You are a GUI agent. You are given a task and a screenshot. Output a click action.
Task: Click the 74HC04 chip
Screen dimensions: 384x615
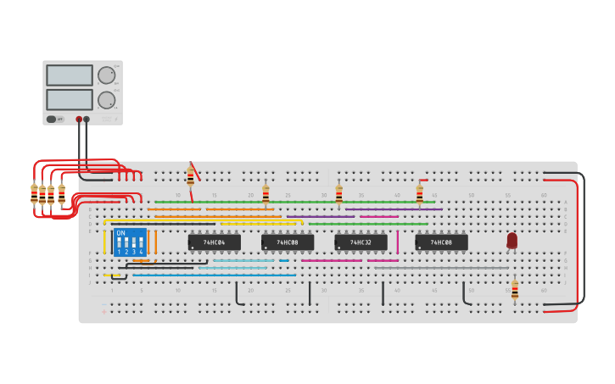click(x=214, y=242)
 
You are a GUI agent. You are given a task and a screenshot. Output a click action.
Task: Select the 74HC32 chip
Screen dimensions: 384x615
click(x=361, y=242)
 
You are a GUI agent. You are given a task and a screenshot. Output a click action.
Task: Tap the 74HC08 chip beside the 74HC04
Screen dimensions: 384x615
click(x=288, y=242)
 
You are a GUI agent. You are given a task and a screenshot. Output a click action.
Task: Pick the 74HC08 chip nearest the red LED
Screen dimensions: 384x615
click(x=441, y=242)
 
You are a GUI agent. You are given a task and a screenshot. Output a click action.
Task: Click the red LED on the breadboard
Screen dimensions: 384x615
click(x=512, y=241)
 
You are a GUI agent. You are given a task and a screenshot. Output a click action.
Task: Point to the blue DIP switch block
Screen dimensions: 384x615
click(x=130, y=242)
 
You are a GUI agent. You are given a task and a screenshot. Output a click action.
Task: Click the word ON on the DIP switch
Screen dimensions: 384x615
click(x=120, y=233)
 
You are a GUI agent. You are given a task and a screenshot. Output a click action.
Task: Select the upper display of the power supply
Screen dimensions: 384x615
click(x=70, y=75)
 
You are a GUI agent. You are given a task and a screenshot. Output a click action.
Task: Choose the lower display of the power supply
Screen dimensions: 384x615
click(x=70, y=100)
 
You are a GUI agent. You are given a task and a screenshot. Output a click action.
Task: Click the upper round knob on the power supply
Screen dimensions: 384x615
click(x=106, y=75)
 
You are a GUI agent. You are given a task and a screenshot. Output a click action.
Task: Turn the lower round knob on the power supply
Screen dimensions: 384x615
click(x=106, y=100)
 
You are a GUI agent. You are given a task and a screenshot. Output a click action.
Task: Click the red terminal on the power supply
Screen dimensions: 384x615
click(x=79, y=120)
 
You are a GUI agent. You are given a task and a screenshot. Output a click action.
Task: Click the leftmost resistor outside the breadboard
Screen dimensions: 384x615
click(x=34, y=194)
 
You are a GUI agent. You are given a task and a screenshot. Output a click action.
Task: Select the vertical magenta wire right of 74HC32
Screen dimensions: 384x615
click(x=397, y=242)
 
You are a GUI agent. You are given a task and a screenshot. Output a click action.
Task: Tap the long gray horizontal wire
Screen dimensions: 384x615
click(x=441, y=268)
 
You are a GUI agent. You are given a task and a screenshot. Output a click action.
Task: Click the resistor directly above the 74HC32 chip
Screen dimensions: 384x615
click(x=338, y=195)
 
